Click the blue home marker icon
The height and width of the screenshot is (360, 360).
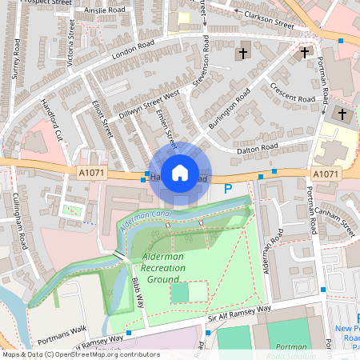click(x=180, y=172)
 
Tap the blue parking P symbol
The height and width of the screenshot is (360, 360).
click(x=227, y=190)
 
